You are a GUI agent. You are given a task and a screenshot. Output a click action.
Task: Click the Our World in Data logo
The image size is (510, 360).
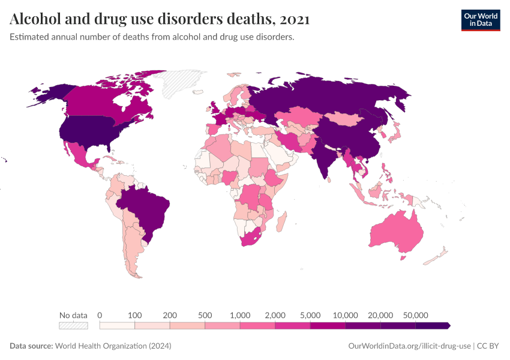tap(480, 20)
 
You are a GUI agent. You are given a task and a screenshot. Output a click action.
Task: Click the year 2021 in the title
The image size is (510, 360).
tap(294, 19)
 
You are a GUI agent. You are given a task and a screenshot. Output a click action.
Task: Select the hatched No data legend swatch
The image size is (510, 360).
tap(73, 326)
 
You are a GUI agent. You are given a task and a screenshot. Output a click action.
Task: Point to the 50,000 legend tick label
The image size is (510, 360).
tap(415, 315)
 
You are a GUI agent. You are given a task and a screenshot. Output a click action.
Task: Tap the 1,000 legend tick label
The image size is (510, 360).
tap(239, 315)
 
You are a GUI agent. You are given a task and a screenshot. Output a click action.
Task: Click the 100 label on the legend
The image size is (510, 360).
tap(134, 315)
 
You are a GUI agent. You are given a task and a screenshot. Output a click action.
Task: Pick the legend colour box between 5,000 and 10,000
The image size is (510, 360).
tap(328, 326)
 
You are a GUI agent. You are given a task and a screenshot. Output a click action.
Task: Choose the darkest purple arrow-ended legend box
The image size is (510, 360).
tap(432, 326)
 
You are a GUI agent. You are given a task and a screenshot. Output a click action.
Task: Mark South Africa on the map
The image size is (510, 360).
tap(252, 237)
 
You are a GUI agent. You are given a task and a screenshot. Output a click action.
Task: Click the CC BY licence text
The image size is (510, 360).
tap(489, 346)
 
